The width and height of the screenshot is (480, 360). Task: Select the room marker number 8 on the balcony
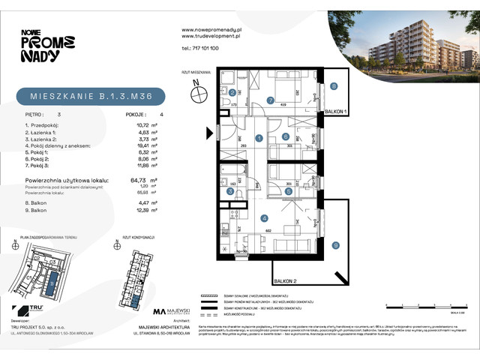click(334, 87)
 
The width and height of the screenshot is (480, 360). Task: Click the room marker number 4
click(263, 218)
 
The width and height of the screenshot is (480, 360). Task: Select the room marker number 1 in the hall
click(257, 137)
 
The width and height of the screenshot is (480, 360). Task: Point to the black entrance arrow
click(210, 133)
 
